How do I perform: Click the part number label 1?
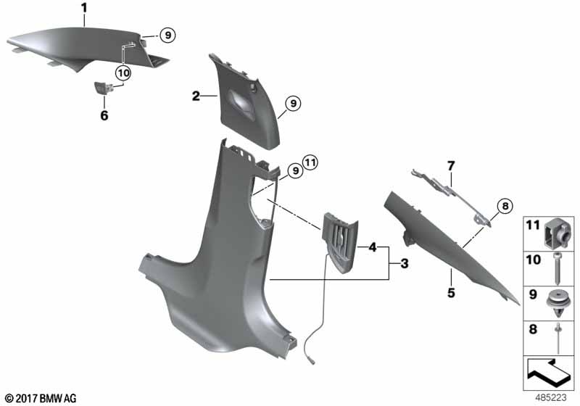click(x=84, y=8)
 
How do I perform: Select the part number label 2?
click(x=196, y=96)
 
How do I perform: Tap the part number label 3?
click(x=405, y=264)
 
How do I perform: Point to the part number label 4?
click(x=373, y=246)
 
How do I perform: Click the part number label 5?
click(x=451, y=293)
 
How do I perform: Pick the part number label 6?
click(x=104, y=115)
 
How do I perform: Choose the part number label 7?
click(x=451, y=166)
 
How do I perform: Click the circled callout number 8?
click(x=505, y=206)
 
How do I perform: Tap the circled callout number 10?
click(x=123, y=72)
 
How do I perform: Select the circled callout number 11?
click(x=310, y=162)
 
